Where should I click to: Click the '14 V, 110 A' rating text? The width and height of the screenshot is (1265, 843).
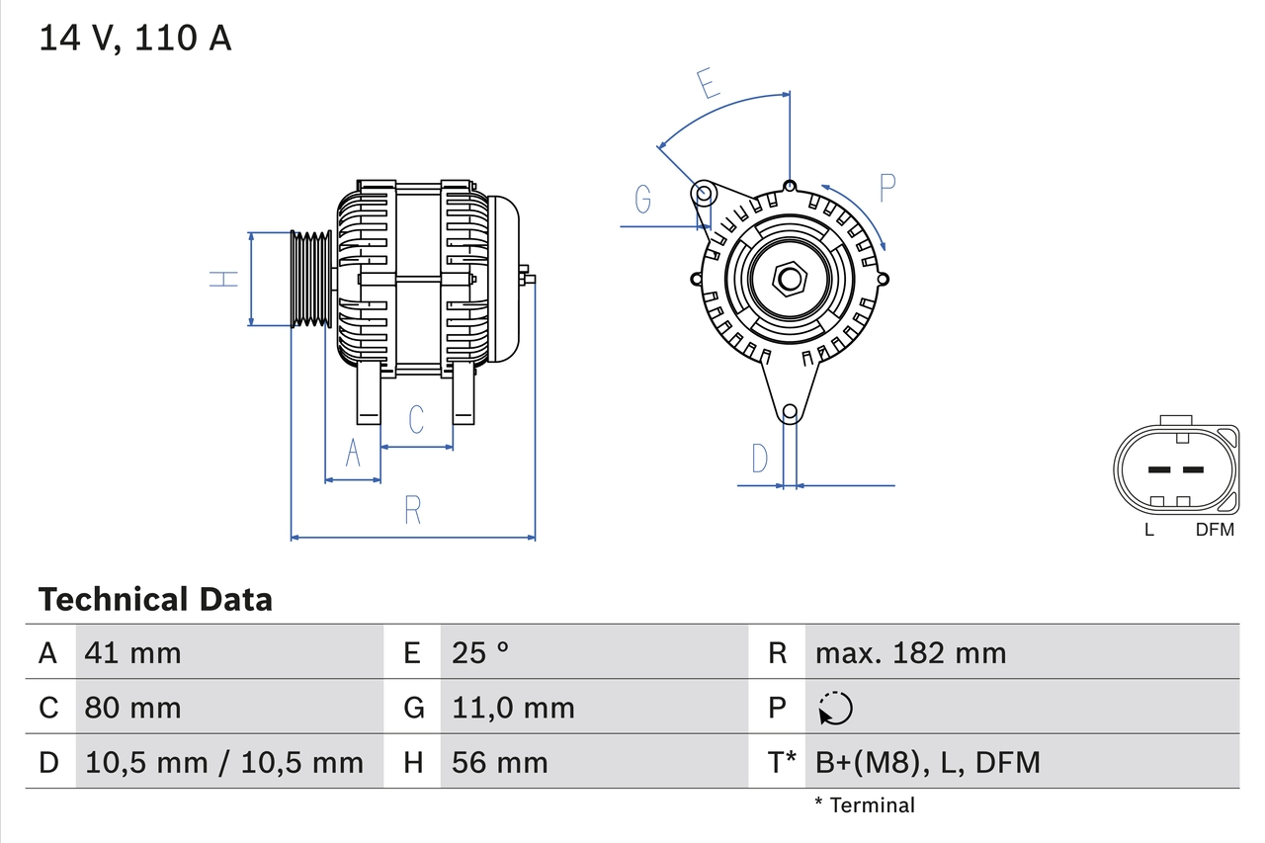point(135,39)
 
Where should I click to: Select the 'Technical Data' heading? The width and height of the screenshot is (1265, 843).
point(155,600)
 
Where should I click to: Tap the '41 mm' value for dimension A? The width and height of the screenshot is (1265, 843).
point(133,652)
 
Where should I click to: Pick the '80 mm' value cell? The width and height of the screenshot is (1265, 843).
point(133,708)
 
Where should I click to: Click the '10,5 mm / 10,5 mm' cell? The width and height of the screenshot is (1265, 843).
point(224,762)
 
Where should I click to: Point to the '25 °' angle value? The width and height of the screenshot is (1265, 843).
point(480,652)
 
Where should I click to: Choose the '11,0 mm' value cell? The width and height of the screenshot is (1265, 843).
point(513,708)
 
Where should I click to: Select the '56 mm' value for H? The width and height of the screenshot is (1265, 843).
point(499,762)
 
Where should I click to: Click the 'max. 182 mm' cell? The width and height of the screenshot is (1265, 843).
point(910,652)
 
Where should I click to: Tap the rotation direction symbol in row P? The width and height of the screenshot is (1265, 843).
point(835,708)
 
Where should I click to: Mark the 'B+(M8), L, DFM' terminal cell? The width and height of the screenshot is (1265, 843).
point(927,762)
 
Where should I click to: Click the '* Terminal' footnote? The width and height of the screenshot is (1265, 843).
point(865,805)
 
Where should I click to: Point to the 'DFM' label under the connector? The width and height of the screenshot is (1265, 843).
point(1215,530)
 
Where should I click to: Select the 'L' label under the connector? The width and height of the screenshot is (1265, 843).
point(1148,530)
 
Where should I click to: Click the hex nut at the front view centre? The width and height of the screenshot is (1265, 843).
point(789,279)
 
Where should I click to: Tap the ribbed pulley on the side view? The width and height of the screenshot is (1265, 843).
point(311,279)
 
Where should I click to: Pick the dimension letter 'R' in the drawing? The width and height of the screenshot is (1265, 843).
point(413,511)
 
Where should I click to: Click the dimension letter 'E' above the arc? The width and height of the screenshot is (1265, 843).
point(708,85)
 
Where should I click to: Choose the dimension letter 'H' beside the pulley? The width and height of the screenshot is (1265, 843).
point(225,279)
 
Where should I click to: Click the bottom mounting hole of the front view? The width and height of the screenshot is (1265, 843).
point(790,412)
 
